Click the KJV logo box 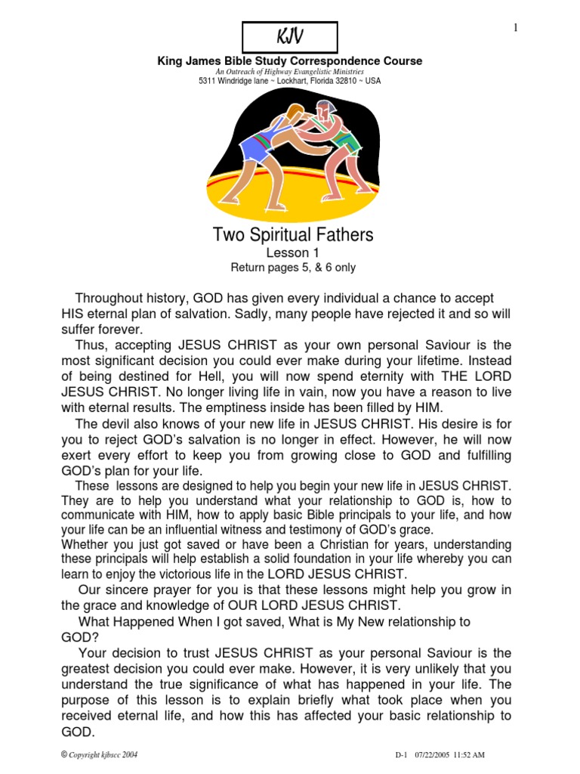coord(289,37)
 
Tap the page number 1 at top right coord(516,28)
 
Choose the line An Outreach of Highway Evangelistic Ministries coord(289,71)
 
